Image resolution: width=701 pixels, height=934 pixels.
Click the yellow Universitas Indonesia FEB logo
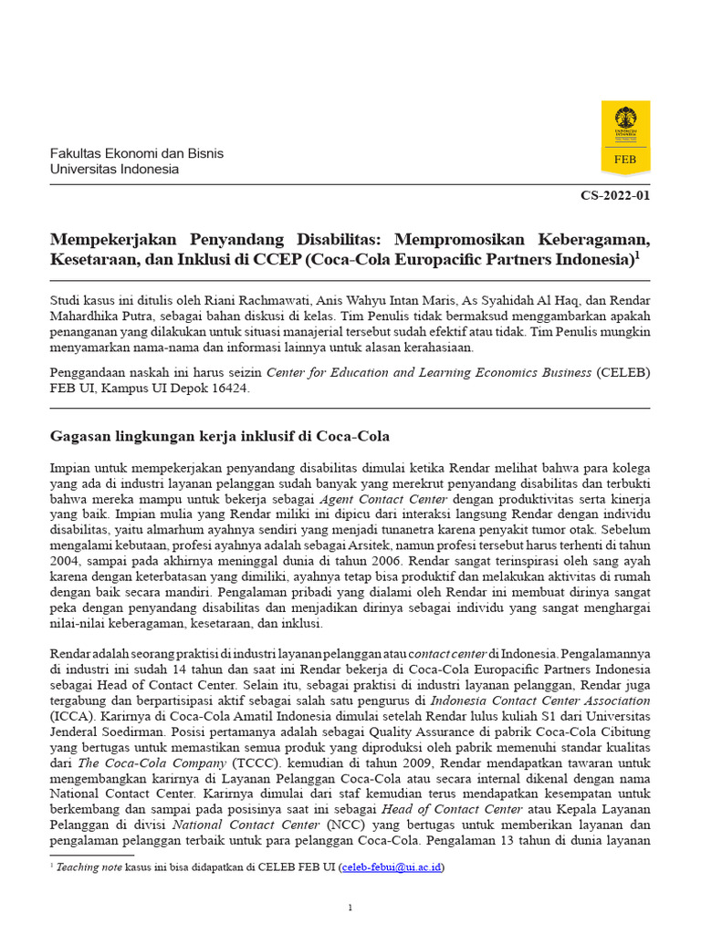coord(625,137)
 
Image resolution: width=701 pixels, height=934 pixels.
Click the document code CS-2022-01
coord(616,195)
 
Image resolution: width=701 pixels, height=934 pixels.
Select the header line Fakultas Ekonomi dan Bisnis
coord(136,153)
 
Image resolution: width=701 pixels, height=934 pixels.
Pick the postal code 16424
coord(229,388)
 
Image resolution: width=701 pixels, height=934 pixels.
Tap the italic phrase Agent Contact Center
coord(383,500)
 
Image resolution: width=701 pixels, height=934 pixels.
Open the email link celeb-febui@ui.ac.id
coord(392,867)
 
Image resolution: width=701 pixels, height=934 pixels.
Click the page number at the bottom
coord(350,908)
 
